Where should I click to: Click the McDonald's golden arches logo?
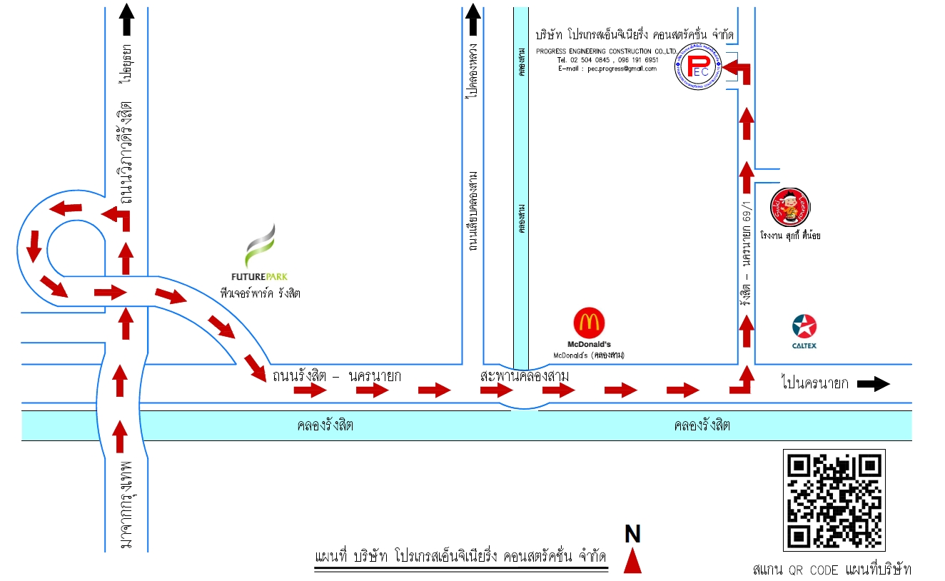tap(591, 323)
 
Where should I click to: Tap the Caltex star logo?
tap(804, 327)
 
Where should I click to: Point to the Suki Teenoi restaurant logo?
tap(791, 208)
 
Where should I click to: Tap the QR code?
tap(834, 500)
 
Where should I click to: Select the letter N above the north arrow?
tap(632, 534)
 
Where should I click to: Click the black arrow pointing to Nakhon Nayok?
tap(874, 384)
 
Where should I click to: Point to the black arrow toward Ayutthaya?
tap(126, 19)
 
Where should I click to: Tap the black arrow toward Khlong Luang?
tap(473, 19)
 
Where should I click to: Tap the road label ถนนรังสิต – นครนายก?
tap(336, 375)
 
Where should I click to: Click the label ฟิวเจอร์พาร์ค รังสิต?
tap(260, 292)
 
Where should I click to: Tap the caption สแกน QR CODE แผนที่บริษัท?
tap(832, 570)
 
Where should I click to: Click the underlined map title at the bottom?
tap(460, 556)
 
